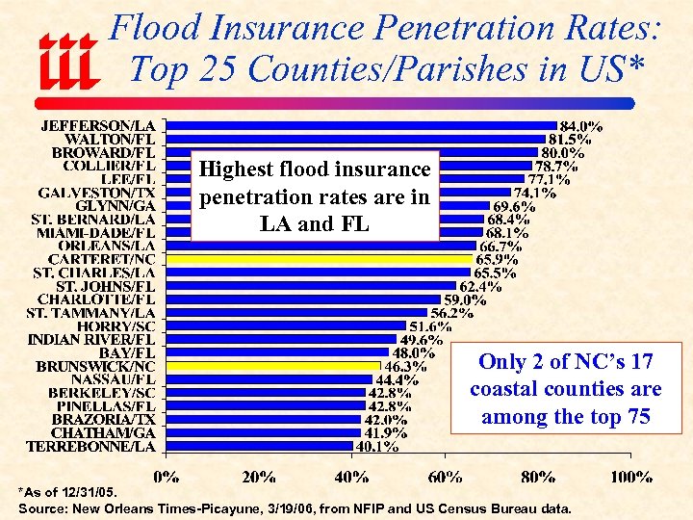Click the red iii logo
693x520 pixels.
point(67,60)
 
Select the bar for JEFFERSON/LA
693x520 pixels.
point(361,125)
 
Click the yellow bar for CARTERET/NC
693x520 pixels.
point(320,259)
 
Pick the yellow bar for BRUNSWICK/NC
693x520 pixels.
point(273,366)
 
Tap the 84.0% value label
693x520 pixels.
point(582,125)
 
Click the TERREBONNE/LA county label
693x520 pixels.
point(90,446)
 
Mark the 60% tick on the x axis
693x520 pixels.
point(444,477)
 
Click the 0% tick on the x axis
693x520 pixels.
point(167,477)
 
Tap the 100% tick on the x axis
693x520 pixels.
point(631,477)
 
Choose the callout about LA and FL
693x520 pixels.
point(315,196)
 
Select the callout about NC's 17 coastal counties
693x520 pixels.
point(565,389)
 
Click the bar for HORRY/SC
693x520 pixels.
point(286,325)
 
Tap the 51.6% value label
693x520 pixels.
point(432,325)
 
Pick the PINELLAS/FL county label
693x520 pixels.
point(102,406)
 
